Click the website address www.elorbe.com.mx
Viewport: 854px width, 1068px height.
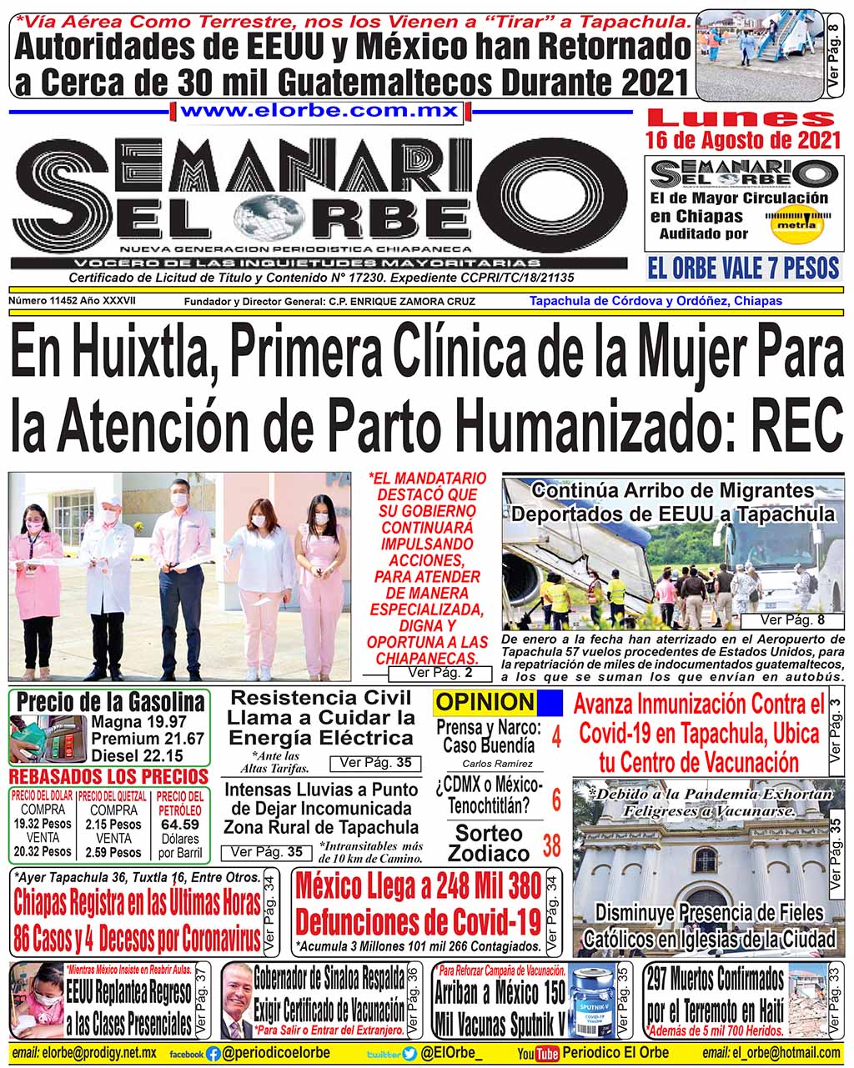pyautogui.click(x=320, y=111)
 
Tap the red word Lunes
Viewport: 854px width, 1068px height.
pyautogui.click(x=741, y=119)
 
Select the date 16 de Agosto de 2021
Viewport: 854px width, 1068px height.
pyautogui.click(x=742, y=139)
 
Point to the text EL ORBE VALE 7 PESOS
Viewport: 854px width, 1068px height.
pyautogui.click(x=743, y=268)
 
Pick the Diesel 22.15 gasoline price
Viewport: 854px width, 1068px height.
pyautogui.click(x=137, y=756)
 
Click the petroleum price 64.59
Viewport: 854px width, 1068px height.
pyautogui.click(x=179, y=825)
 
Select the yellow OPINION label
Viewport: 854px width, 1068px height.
pyautogui.click(x=485, y=703)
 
